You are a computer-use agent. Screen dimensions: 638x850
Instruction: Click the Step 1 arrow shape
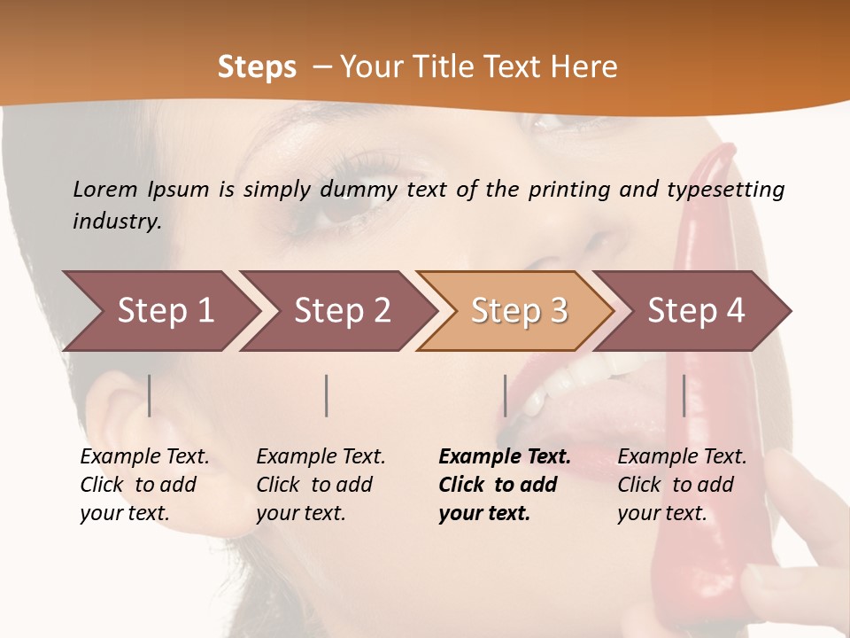pos(159,311)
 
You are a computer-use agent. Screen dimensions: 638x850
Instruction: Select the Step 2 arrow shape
pos(336,311)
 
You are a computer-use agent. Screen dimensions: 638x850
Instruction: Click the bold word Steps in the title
pos(257,67)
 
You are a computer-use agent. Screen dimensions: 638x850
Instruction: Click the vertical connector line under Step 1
pos(150,395)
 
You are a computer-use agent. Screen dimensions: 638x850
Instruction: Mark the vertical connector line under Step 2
pos(327,395)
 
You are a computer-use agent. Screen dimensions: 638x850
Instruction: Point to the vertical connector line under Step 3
pos(505,395)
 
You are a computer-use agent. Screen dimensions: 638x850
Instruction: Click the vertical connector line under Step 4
pos(684,395)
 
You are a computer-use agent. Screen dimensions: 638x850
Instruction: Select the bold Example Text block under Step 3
pos(504,485)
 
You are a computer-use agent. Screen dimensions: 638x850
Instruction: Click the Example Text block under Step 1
pos(143,485)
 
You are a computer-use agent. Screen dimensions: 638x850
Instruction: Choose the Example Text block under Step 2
pos(320,485)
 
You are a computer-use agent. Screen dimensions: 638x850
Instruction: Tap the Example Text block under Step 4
pos(681,485)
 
